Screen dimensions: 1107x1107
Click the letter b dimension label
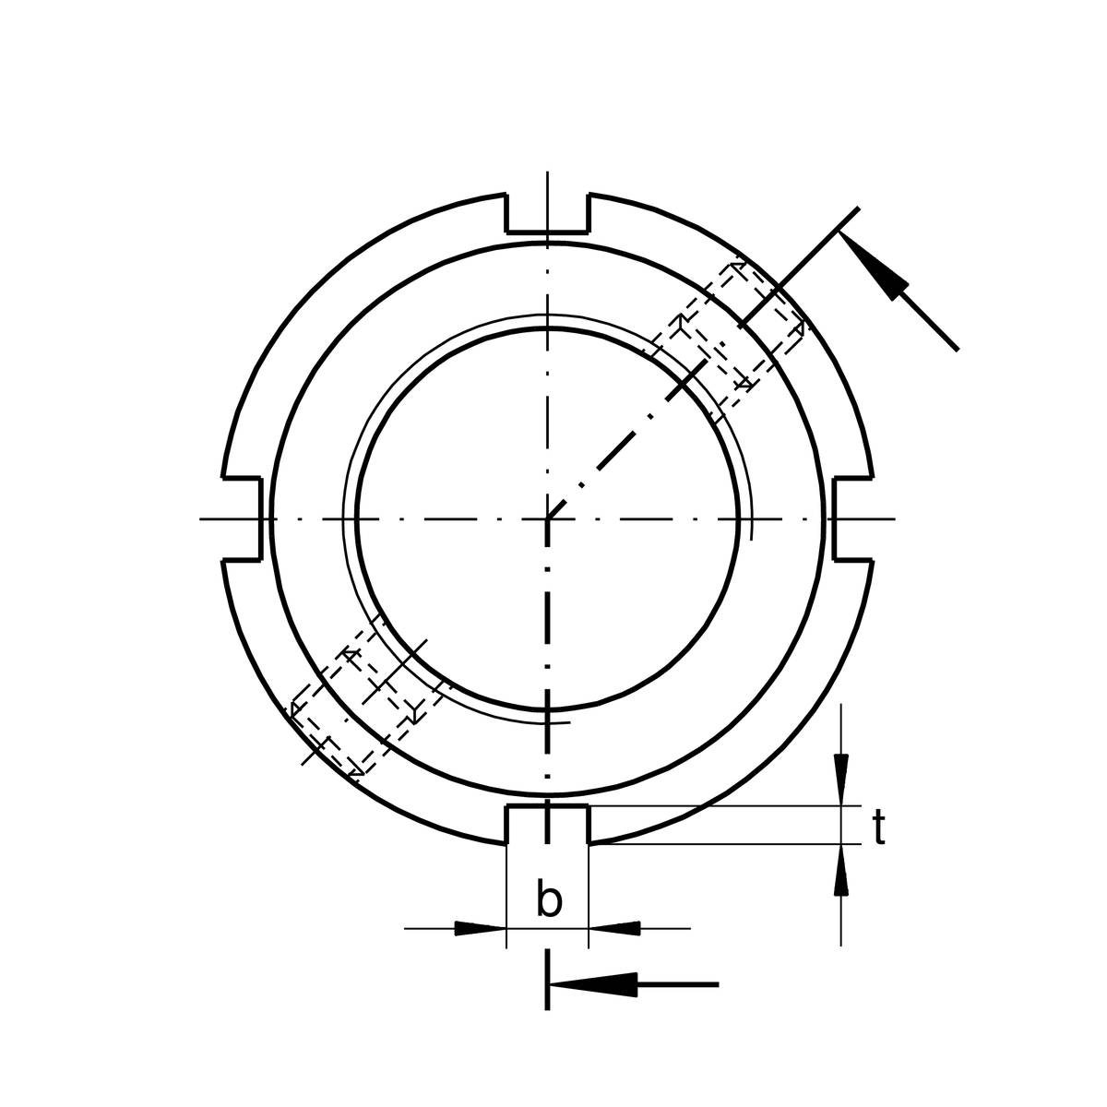coord(549,901)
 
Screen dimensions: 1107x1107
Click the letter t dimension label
coord(878,827)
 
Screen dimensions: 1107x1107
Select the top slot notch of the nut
coord(547,214)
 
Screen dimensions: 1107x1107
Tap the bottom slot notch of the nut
coord(547,825)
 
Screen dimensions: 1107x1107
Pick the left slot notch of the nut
coord(243,518)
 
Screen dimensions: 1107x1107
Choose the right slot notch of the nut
coord(853,518)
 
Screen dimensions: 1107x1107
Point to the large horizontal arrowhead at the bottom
coord(593,984)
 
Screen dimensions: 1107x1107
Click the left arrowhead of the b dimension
coord(480,928)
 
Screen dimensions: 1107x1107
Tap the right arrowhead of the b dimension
coord(614,928)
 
